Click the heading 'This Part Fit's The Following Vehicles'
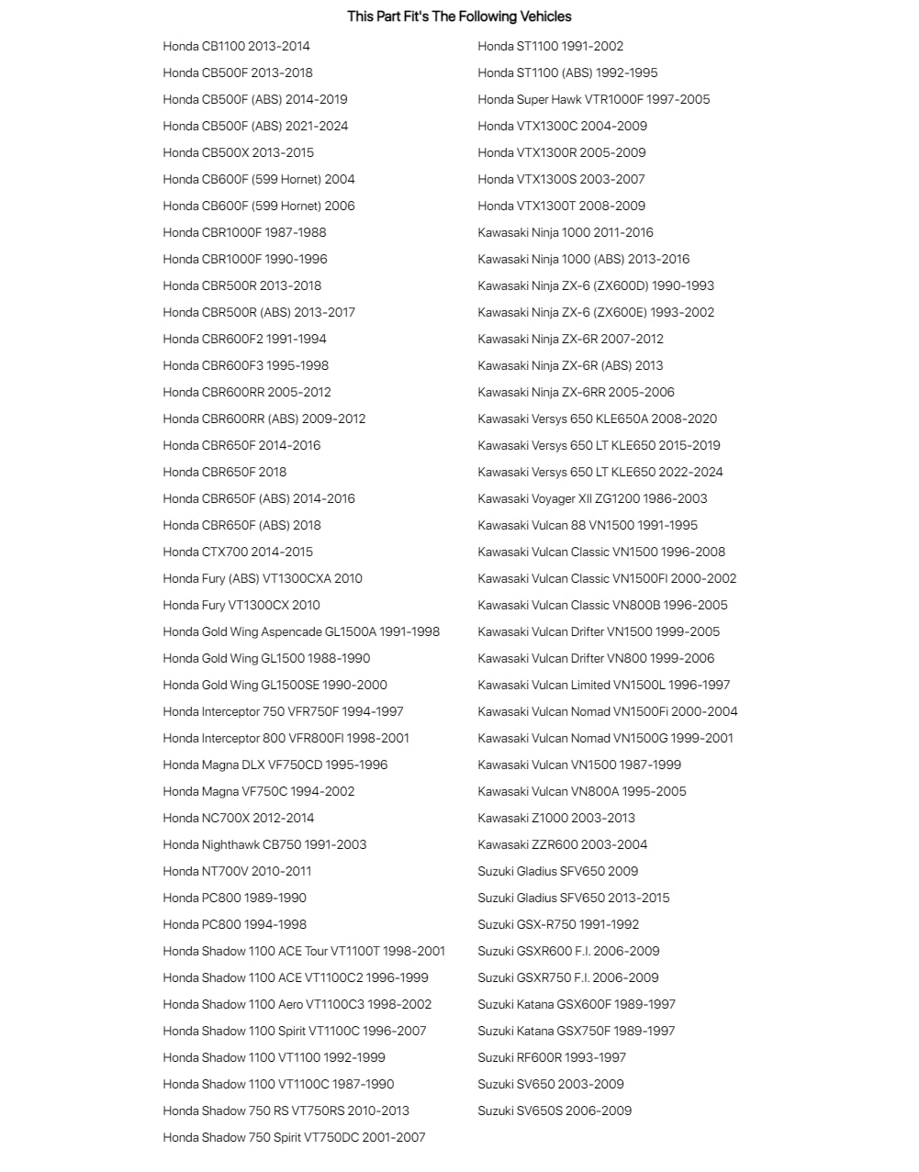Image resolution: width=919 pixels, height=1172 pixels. point(459,17)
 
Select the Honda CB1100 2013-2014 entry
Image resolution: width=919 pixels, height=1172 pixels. point(236,46)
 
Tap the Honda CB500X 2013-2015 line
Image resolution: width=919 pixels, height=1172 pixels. point(238,152)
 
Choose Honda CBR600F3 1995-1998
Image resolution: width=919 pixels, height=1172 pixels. point(245,365)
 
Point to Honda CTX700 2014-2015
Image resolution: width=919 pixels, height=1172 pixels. point(238,552)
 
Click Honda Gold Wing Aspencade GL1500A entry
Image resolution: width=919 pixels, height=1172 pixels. point(301,631)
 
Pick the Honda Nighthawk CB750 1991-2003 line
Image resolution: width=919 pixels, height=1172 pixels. point(264,844)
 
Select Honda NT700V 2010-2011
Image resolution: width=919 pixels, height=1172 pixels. point(237,871)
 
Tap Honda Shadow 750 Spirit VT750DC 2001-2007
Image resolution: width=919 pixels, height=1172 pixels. point(294,1137)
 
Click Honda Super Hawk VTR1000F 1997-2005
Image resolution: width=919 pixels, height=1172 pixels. point(593,99)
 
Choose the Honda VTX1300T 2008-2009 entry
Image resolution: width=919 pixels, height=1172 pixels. point(561,206)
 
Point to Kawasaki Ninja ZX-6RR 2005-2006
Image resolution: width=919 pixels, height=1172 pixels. point(576,392)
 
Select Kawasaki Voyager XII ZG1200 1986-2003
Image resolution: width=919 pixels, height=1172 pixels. point(592,498)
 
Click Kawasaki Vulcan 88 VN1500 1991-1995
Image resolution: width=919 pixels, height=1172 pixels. point(588,525)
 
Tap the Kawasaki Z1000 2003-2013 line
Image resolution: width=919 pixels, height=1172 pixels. point(556,818)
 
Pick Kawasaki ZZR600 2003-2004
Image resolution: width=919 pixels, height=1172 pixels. point(562,844)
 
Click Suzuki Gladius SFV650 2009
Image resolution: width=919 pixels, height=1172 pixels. point(557,871)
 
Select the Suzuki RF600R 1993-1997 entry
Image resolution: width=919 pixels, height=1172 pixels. point(552,1057)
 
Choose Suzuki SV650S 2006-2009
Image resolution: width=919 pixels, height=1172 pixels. point(555,1111)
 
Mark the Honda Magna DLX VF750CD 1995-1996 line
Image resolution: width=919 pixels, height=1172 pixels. point(275,765)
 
